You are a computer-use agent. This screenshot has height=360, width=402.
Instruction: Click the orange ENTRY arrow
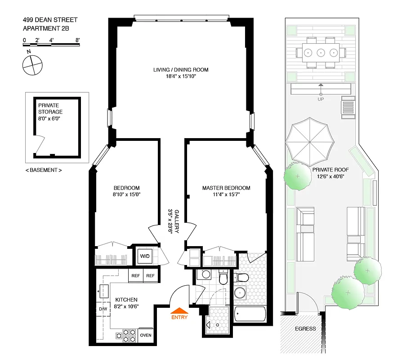point(179,310)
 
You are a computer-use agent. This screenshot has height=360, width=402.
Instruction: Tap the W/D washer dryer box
point(145,256)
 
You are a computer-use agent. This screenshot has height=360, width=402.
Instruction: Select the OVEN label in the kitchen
point(146,335)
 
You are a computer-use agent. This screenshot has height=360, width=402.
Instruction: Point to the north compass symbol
point(32,64)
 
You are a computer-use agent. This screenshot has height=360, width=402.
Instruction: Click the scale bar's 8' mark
point(78,40)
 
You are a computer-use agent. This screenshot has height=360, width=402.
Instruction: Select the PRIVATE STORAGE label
point(50,108)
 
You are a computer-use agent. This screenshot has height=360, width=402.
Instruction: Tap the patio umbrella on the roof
point(310,141)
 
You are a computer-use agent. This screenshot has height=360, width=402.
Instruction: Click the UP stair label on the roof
point(321,99)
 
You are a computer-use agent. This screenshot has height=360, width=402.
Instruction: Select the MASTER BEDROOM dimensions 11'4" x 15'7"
point(226,195)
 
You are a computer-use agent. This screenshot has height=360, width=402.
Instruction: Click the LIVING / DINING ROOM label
point(180,70)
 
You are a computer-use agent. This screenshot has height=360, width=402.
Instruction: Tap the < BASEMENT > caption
point(44,170)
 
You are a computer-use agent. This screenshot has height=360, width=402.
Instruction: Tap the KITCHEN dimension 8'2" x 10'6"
point(126,307)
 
